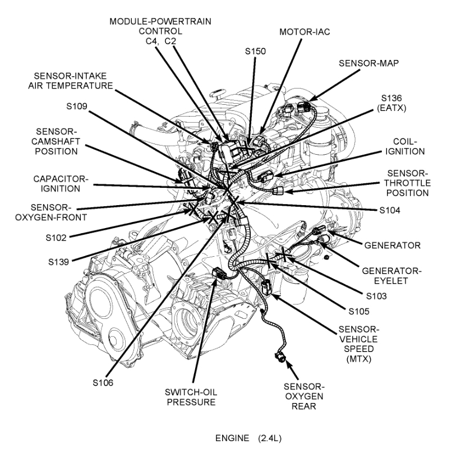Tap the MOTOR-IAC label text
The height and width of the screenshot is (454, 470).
(x=305, y=31)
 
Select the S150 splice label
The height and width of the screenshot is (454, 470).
(x=256, y=50)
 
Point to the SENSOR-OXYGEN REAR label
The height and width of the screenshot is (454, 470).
(x=303, y=396)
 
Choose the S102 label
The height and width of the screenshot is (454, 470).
(x=56, y=237)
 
